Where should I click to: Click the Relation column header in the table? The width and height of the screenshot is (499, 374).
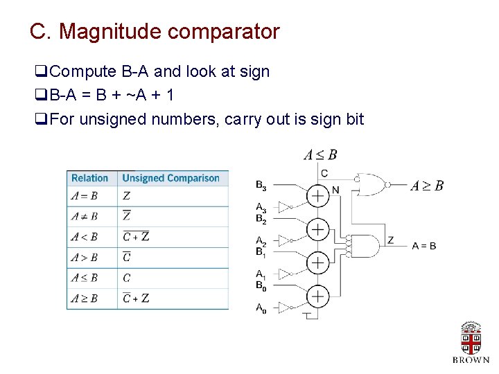[89, 178]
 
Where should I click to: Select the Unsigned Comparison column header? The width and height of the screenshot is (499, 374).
[170, 178]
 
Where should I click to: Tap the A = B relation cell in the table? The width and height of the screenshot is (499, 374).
[85, 196]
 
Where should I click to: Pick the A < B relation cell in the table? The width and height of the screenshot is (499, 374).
[85, 237]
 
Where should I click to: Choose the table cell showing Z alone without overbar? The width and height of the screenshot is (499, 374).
[126, 196]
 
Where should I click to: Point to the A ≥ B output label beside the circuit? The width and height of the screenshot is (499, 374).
[427, 186]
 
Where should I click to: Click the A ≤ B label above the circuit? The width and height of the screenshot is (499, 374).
[320, 154]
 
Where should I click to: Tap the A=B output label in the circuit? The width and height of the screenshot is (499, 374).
[424, 246]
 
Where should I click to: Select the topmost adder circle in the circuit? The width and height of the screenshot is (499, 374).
[317, 196]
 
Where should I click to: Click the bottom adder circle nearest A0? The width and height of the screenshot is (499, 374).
[317, 296]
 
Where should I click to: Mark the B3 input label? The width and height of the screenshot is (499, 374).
[261, 185]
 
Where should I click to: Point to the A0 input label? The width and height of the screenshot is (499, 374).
[261, 309]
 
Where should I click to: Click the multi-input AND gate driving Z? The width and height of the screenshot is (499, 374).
[366, 246]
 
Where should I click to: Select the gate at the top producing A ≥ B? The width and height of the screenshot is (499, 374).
[371, 184]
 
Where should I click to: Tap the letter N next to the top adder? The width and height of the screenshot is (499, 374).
[335, 190]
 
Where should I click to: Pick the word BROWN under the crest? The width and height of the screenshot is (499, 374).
[471, 360]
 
